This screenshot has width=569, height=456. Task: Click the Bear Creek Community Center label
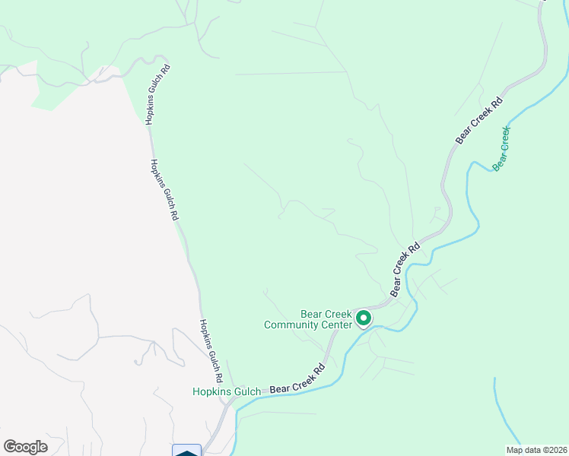308,319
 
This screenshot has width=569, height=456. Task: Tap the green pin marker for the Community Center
364,318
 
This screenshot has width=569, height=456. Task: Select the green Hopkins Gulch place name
226,392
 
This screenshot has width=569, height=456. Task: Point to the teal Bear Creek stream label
501,149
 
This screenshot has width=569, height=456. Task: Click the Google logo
25,447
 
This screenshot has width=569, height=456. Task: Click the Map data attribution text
536,450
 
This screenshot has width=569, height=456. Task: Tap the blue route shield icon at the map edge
187,451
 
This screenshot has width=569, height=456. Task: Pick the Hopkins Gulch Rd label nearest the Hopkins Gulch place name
211,350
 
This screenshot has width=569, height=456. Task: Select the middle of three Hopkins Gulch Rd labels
165,189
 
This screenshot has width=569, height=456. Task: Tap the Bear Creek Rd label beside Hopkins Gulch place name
297,381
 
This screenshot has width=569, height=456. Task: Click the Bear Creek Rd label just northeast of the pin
405,270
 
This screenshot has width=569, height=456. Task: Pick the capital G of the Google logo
10,447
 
